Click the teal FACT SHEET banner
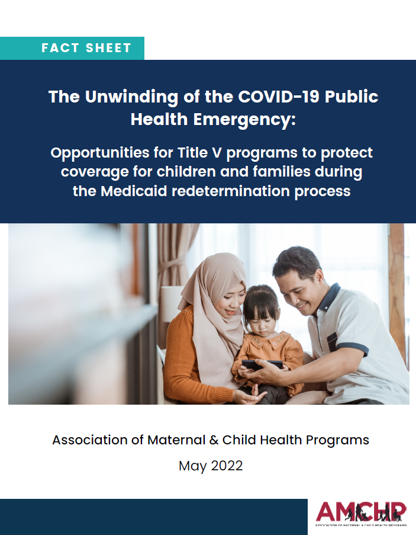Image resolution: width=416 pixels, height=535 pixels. pos(72,48)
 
